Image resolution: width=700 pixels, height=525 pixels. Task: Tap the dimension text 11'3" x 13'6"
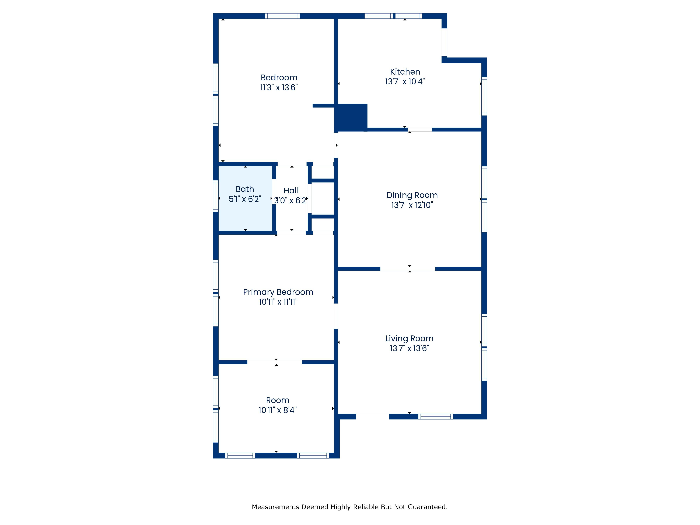279,87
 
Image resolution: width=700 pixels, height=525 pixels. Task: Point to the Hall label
291,191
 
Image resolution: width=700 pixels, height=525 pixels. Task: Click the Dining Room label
412,195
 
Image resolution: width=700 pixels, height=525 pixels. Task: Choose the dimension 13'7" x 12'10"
412,205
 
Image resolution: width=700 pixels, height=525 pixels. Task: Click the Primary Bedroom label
278,292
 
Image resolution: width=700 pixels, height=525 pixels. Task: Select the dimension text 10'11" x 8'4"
278,410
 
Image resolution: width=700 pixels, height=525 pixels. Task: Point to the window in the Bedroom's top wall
282,16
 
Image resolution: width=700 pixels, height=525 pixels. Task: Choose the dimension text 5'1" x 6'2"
245,199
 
